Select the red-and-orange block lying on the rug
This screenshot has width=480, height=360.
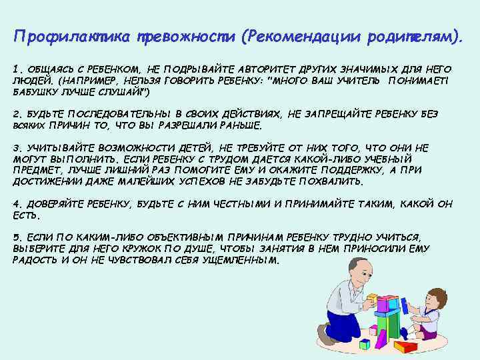pyautogui.click(x=405, y=345)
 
